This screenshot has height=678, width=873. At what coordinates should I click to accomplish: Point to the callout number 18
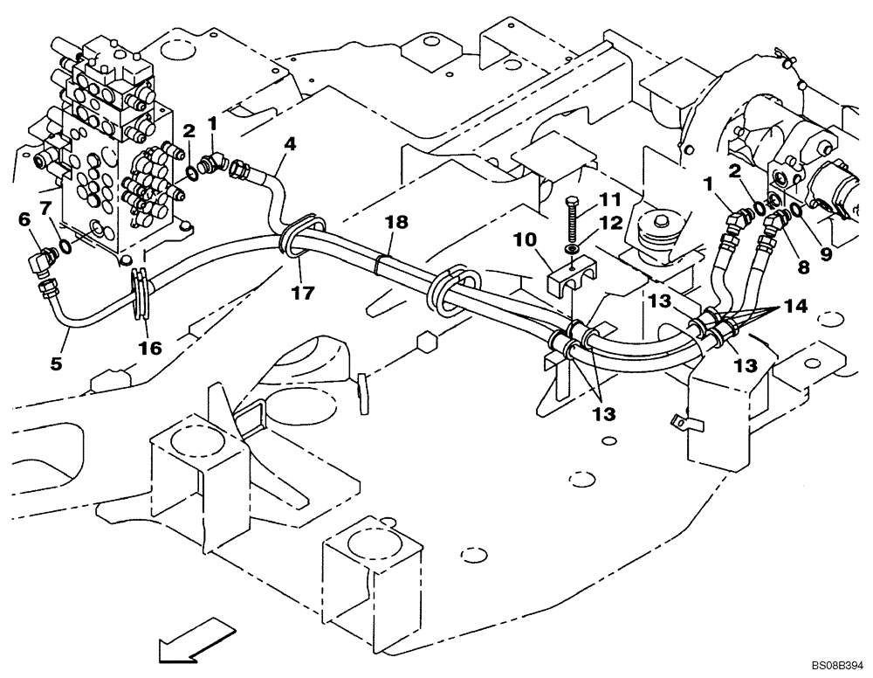(x=397, y=223)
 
